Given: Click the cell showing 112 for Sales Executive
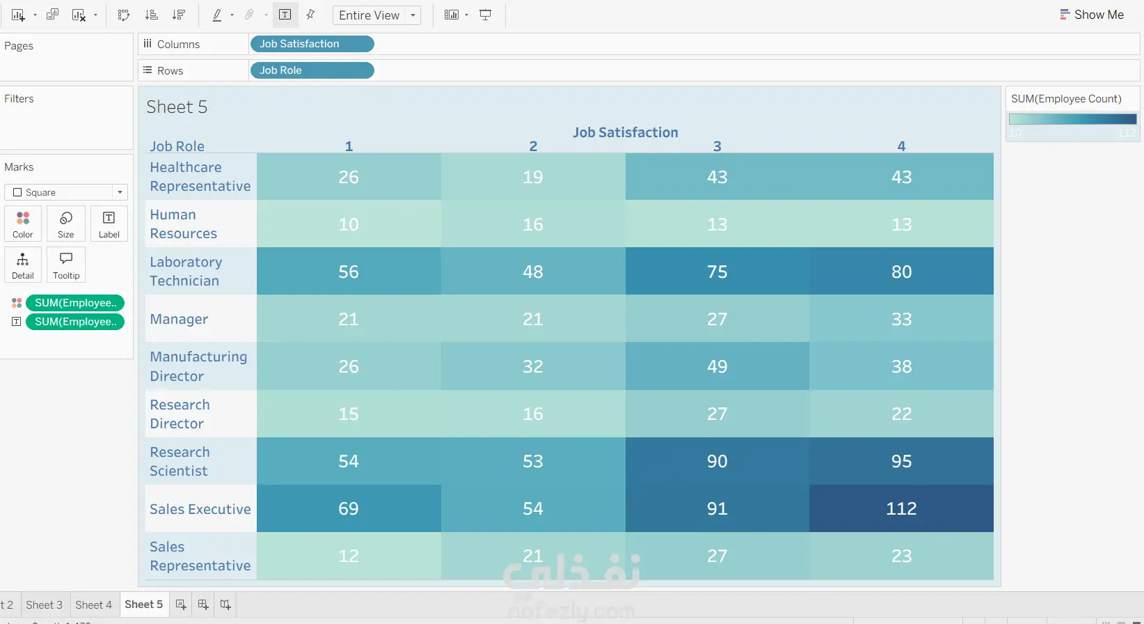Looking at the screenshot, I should pos(901,508).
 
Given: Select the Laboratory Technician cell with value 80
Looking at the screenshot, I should pos(901,272).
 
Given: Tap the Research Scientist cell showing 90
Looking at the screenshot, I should pos(717,461).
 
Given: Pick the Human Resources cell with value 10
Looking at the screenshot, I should pos(349,224).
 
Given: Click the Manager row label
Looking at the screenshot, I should pos(179,319).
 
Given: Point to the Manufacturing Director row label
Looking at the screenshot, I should pos(198,366).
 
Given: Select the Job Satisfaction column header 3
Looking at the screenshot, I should pos(717,146).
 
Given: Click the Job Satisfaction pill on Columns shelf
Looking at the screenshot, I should pos(311,44).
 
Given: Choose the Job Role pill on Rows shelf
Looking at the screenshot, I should pos(311,70).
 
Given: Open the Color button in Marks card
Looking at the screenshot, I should pos(23,224).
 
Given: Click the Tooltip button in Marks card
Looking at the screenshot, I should pos(66,265).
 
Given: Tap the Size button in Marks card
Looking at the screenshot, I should pos(66,224).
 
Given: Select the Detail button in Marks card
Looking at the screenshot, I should pos(23,265).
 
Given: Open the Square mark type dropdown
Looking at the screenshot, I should pos(66,192).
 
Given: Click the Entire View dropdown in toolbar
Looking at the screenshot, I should pos(376,15).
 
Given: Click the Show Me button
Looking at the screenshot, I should pos(1091,15).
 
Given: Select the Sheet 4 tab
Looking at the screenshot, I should pos(93,604).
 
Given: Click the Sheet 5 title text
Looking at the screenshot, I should pos(177,107).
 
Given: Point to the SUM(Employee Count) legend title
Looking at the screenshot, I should pos(1066,99).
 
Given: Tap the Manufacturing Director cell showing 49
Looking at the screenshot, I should pos(717,366).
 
